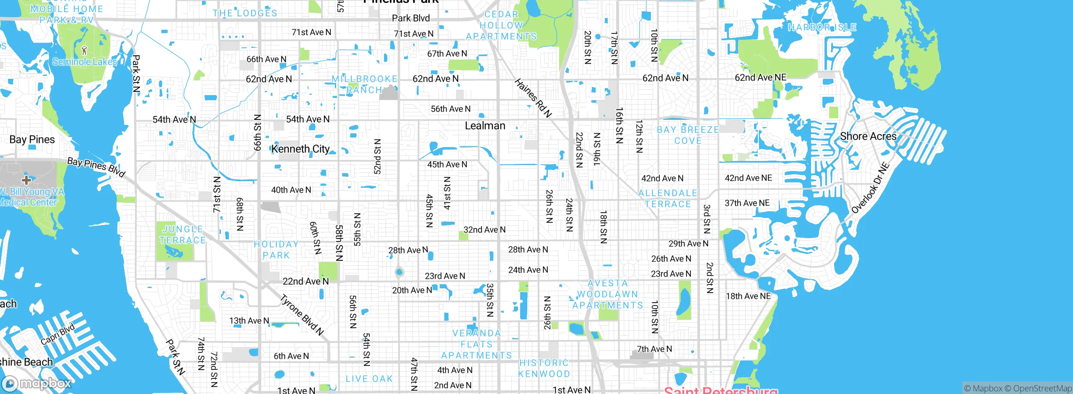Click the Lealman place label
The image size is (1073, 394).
tap(485, 126)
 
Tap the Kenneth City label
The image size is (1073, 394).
tap(301, 149)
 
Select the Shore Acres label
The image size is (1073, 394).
tap(868, 136)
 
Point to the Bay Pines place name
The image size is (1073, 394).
tap(32, 140)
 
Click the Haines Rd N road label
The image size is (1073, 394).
tap(533, 98)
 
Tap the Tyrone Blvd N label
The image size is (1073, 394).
tap(302, 315)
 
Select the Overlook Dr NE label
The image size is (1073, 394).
tap(870, 187)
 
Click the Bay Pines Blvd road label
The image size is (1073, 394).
tap(96, 167)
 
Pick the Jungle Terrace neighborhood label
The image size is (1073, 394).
tap(182, 235)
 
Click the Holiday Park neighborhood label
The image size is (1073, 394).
tap(276, 250)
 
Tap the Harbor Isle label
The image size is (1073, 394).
tap(822, 28)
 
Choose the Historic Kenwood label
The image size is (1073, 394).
tap(544, 368)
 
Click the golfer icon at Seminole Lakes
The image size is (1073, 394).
tap(85, 50)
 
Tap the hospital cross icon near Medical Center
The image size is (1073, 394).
tap(26, 180)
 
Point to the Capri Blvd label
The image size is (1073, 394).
tap(57, 334)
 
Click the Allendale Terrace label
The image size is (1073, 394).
tap(668, 199)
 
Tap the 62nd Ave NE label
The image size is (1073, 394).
tap(760, 78)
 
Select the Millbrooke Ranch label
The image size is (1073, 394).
tap(364, 84)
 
